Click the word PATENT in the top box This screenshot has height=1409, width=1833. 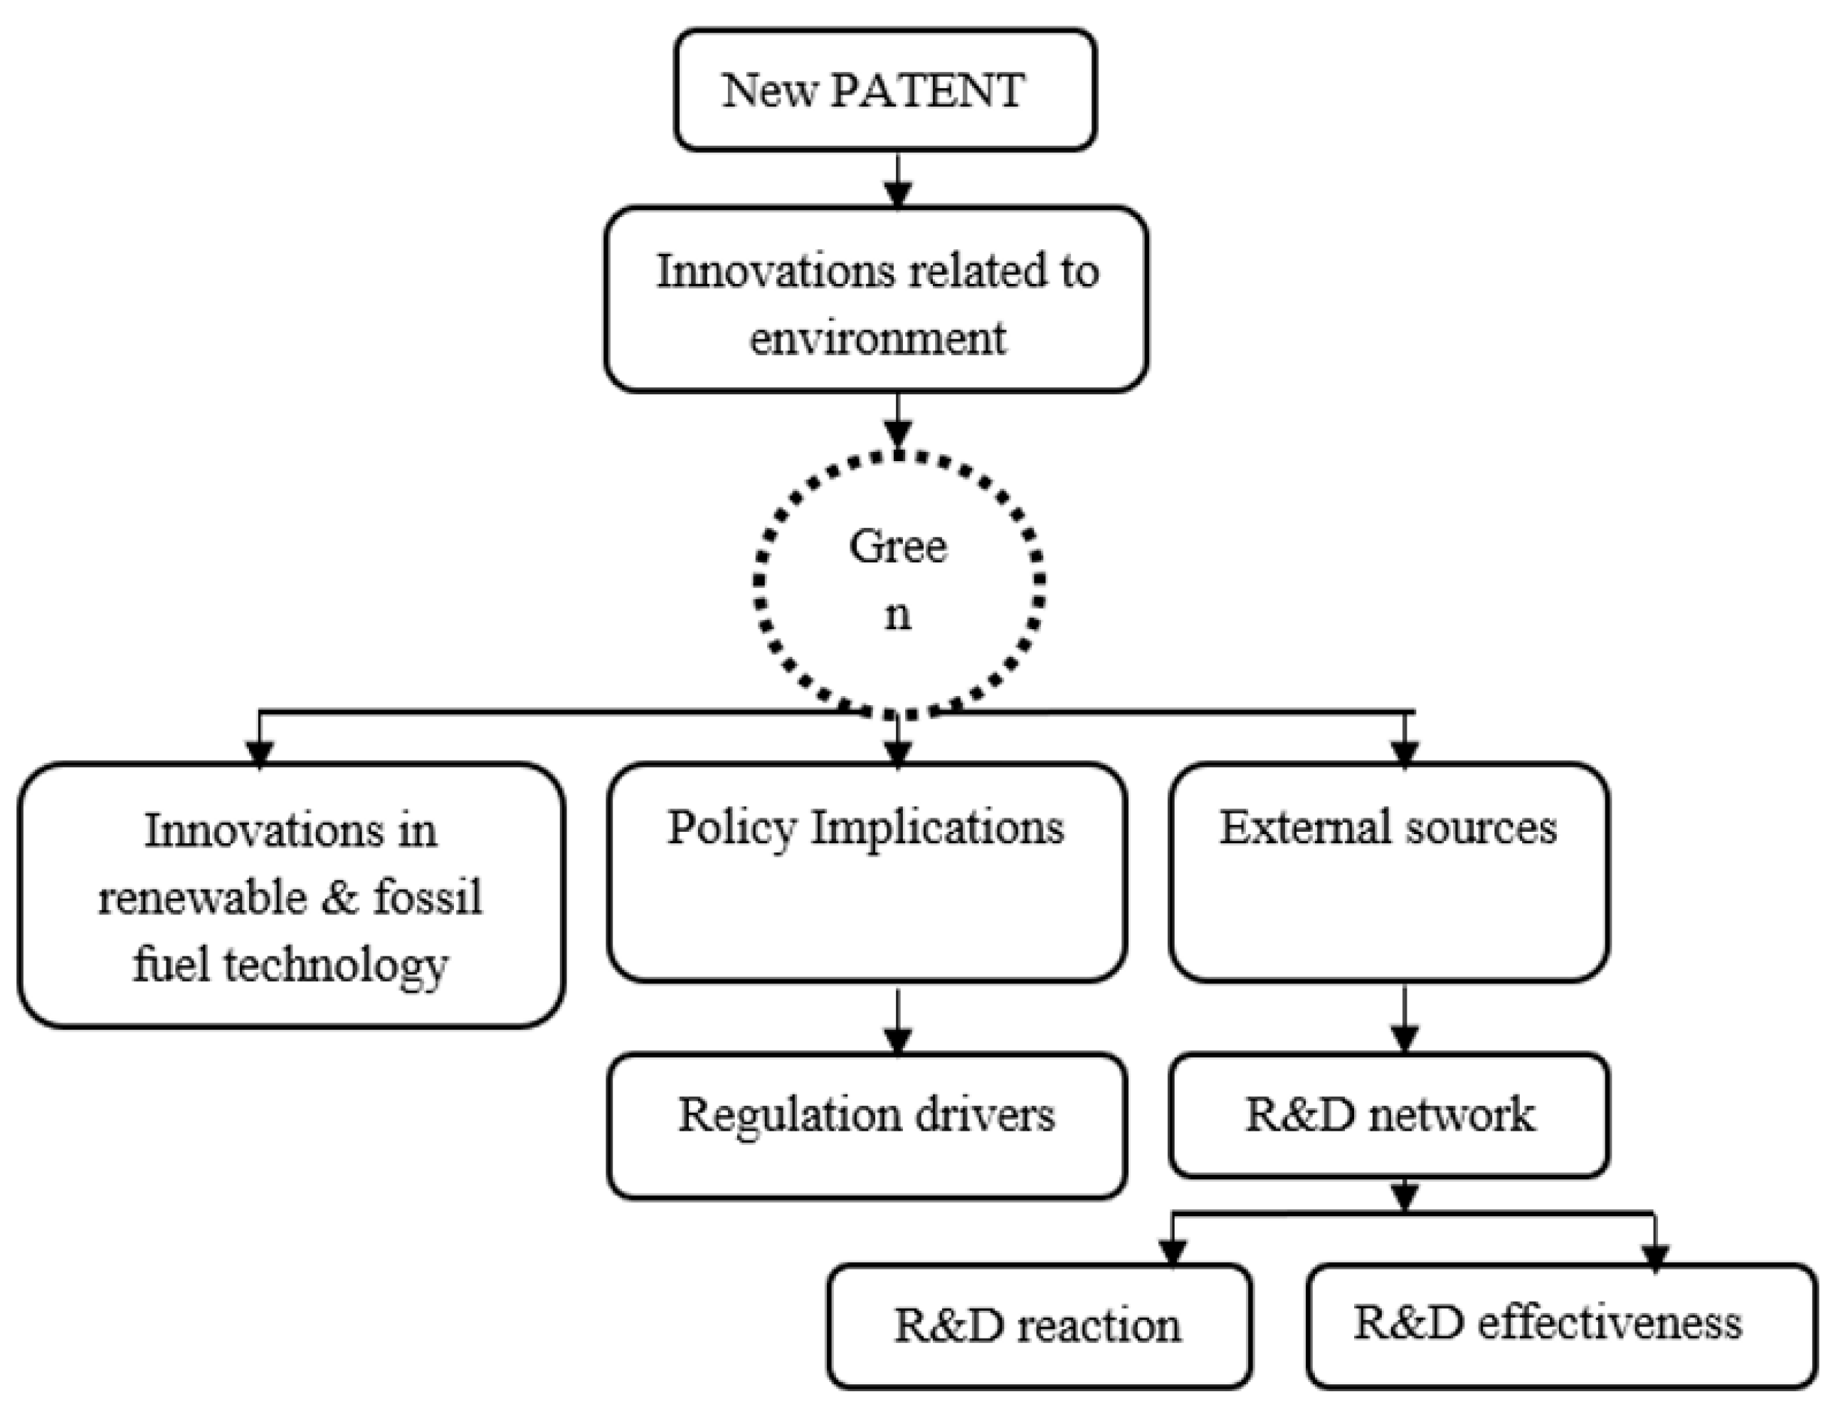[926, 90]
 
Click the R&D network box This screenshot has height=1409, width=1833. [1388, 1114]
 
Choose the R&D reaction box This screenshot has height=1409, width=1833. [1040, 1326]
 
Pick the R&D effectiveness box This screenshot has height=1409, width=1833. [1561, 1326]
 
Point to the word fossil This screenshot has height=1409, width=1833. [428, 897]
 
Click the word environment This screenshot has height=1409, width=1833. [877, 339]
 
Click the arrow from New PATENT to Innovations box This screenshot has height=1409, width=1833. [898, 179]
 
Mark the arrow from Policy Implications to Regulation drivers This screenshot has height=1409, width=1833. [898, 1020]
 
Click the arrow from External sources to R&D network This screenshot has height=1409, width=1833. [1405, 1019]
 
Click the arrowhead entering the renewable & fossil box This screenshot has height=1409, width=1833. [259, 753]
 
